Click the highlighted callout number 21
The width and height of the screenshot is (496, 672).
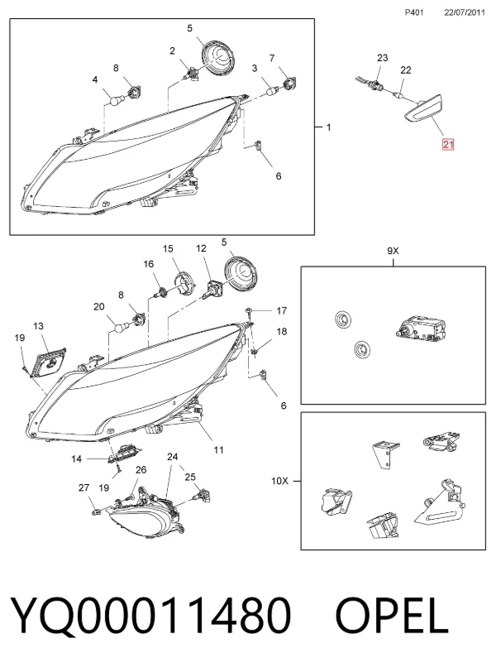tap(448, 145)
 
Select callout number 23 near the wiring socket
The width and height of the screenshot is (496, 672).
tap(382, 58)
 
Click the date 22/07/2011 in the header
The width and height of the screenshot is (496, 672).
tap(465, 12)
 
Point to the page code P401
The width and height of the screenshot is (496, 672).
tap(414, 12)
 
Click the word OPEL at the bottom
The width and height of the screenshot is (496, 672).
tap(392, 616)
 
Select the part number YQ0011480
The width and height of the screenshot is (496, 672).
tap(150, 616)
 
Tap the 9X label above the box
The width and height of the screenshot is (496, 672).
tap(393, 251)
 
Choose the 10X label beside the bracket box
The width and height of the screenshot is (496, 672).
tap(279, 481)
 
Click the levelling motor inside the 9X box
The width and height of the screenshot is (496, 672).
tap(421, 329)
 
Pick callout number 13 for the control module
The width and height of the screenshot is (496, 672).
tap(38, 326)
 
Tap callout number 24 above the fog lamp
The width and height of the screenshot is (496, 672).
tap(173, 457)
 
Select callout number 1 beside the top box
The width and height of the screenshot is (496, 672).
tap(329, 127)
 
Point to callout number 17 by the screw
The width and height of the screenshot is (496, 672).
tap(281, 310)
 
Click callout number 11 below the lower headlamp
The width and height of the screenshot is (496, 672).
tap(219, 450)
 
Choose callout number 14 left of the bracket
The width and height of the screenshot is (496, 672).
tap(76, 459)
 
